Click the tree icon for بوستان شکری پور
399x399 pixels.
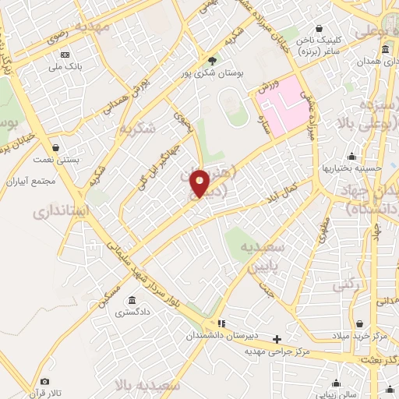212,59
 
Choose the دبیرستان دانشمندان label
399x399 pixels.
221,335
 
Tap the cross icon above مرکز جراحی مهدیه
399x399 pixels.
277,339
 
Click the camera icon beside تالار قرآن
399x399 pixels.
44,381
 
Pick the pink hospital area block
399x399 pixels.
282,101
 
